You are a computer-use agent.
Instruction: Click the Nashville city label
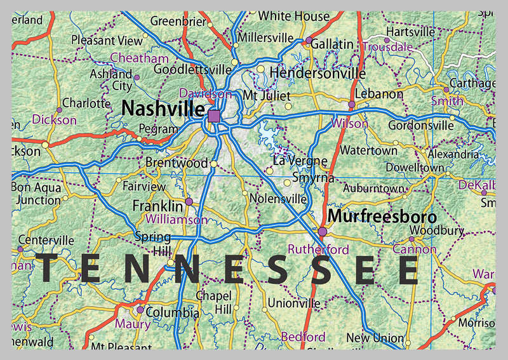(163, 109)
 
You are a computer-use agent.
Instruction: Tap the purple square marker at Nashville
(214, 116)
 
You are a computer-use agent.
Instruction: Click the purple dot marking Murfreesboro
(323, 232)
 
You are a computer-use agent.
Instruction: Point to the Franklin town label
(157, 206)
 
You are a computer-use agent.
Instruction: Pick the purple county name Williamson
(176, 220)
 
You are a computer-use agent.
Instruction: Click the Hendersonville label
(317, 73)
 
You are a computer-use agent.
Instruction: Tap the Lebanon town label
(379, 94)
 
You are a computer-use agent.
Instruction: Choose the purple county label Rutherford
(318, 249)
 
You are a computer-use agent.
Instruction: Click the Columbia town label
(172, 312)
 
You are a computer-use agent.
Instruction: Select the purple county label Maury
(133, 324)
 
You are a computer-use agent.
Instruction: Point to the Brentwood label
(177, 163)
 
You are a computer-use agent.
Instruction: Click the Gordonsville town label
(420, 125)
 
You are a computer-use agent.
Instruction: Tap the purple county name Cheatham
(139, 58)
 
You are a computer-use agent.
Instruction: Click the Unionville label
(293, 303)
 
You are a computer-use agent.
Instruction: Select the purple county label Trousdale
(387, 46)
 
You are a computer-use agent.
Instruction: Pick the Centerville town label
(46, 241)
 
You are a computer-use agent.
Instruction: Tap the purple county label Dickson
(54, 119)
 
